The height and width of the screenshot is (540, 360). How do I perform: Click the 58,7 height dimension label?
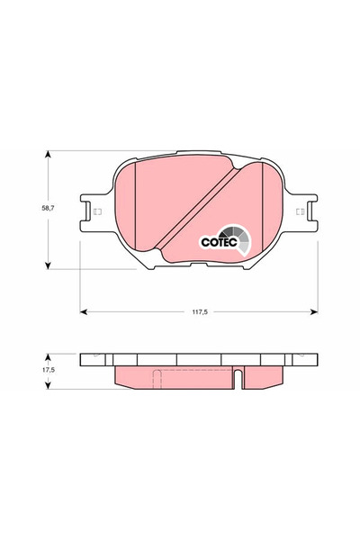pyautogui.click(x=48, y=208)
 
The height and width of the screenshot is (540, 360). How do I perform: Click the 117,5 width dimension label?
pyautogui.click(x=200, y=312)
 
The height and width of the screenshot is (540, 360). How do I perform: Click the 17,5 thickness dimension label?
pyautogui.click(x=49, y=370)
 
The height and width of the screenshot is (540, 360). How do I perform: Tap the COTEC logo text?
pyautogui.click(x=219, y=242)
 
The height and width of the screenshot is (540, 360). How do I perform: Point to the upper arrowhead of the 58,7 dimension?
pyautogui.click(x=49, y=154)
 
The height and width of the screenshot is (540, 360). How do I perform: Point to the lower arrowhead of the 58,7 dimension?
pyautogui.click(x=49, y=265)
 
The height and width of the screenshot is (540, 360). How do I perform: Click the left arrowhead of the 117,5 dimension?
pyautogui.click(x=84, y=311)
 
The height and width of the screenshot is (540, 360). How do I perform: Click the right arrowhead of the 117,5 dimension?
pyautogui.click(x=314, y=311)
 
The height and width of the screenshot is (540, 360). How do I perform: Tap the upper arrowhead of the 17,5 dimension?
pyautogui.click(x=49, y=356)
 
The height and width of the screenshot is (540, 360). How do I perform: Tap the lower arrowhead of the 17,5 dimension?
pyautogui.click(x=49, y=385)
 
